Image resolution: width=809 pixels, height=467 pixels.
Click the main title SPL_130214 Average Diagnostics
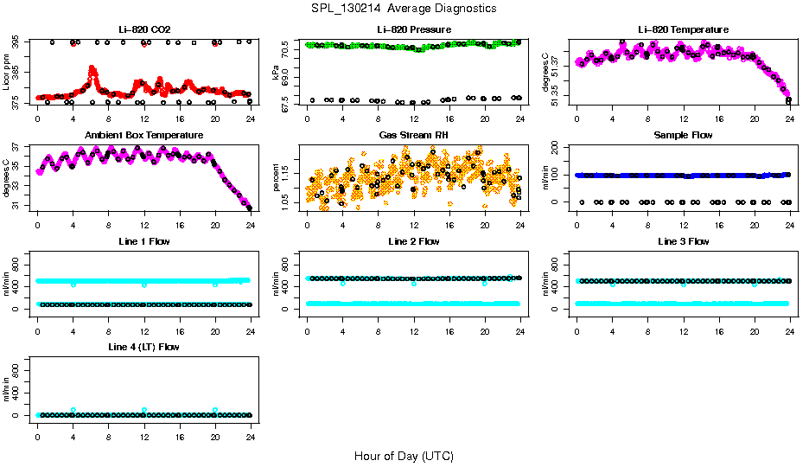[x=404, y=8]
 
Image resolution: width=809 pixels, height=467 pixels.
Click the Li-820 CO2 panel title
[x=143, y=29]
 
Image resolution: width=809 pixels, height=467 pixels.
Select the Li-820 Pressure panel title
[x=413, y=29]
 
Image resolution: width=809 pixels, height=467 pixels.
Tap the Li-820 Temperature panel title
[x=683, y=29]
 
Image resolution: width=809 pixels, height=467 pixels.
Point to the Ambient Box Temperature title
[x=143, y=136]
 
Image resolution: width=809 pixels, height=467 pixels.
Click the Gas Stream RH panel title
[x=413, y=136]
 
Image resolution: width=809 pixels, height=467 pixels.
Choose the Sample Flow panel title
[x=683, y=136]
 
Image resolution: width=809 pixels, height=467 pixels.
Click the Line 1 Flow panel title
[x=143, y=241]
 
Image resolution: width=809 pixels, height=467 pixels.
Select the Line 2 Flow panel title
[x=413, y=241]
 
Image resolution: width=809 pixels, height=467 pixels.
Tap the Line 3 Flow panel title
[x=683, y=241]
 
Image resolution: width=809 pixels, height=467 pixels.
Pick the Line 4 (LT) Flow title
[x=143, y=347]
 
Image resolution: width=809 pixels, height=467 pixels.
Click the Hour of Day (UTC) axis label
[x=404, y=456]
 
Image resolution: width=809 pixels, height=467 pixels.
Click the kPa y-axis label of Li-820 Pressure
[x=276, y=74]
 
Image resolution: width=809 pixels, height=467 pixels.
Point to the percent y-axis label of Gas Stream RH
[x=276, y=180]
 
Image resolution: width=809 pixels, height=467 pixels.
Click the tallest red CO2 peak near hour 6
[x=92, y=68]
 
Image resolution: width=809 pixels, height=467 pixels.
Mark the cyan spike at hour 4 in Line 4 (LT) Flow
[x=73, y=409]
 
